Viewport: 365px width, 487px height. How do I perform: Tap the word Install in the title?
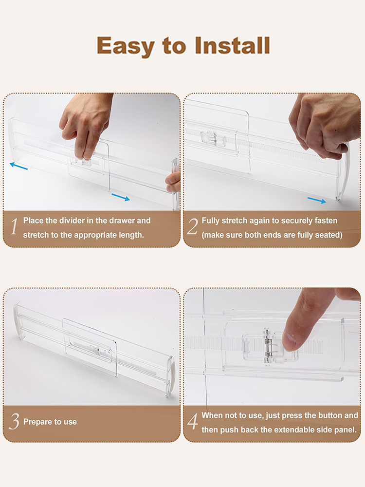pos(232,46)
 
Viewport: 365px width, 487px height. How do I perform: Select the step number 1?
pos(14,227)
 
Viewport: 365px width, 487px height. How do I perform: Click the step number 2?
pos(192,227)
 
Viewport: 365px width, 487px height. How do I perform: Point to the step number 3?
pos(14,421)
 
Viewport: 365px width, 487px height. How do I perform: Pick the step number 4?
pos(193,421)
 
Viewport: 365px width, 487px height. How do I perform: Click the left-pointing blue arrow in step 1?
pos(18,166)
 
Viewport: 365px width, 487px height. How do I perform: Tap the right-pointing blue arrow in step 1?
pos(120,197)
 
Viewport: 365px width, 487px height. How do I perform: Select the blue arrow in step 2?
pos(317,200)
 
